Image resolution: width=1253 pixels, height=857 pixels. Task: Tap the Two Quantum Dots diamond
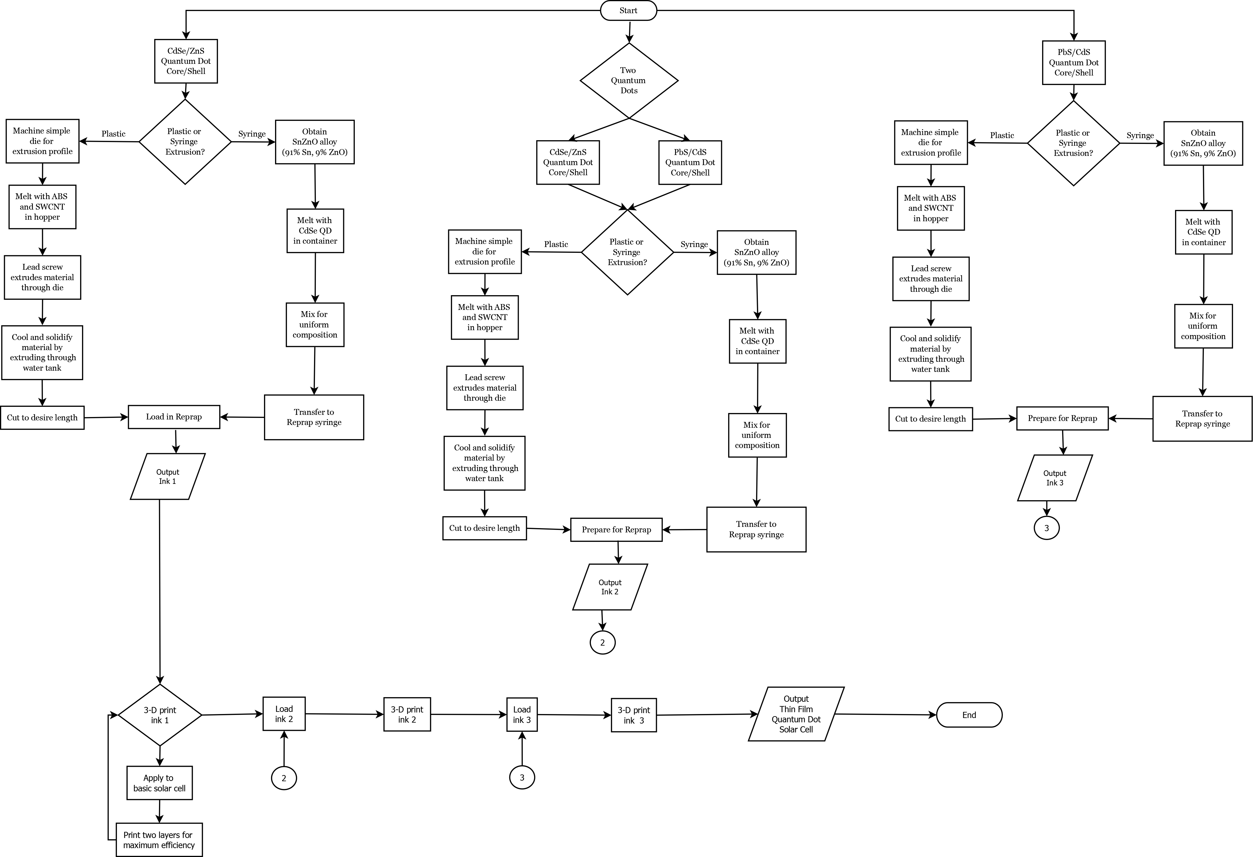pyautogui.click(x=629, y=81)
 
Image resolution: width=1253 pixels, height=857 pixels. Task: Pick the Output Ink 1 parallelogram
pyautogui.click(x=168, y=477)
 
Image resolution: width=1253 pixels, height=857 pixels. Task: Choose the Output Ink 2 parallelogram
pyautogui.click(x=610, y=587)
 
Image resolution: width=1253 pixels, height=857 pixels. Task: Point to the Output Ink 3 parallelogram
pyautogui.click(x=1055, y=478)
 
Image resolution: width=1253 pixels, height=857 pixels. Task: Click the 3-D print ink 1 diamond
pyautogui.click(x=160, y=715)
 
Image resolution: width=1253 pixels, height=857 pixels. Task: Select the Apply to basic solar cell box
pyautogui.click(x=160, y=783)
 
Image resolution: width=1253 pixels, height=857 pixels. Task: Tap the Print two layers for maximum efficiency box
pyautogui.click(x=159, y=840)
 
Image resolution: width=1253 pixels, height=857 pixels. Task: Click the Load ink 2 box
pyautogui.click(x=284, y=714)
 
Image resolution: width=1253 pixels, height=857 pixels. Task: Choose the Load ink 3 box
pyautogui.click(x=522, y=715)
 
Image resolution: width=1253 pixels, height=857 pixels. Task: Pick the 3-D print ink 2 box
pyautogui.click(x=407, y=715)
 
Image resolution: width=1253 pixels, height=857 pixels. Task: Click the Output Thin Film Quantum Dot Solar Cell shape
pyautogui.click(x=796, y=714)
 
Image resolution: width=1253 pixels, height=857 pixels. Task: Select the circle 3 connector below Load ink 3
pyautogui.click(x=522, y=777)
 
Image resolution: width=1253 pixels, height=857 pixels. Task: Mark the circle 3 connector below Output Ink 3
pyautogui.click(x=1046, y=528)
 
